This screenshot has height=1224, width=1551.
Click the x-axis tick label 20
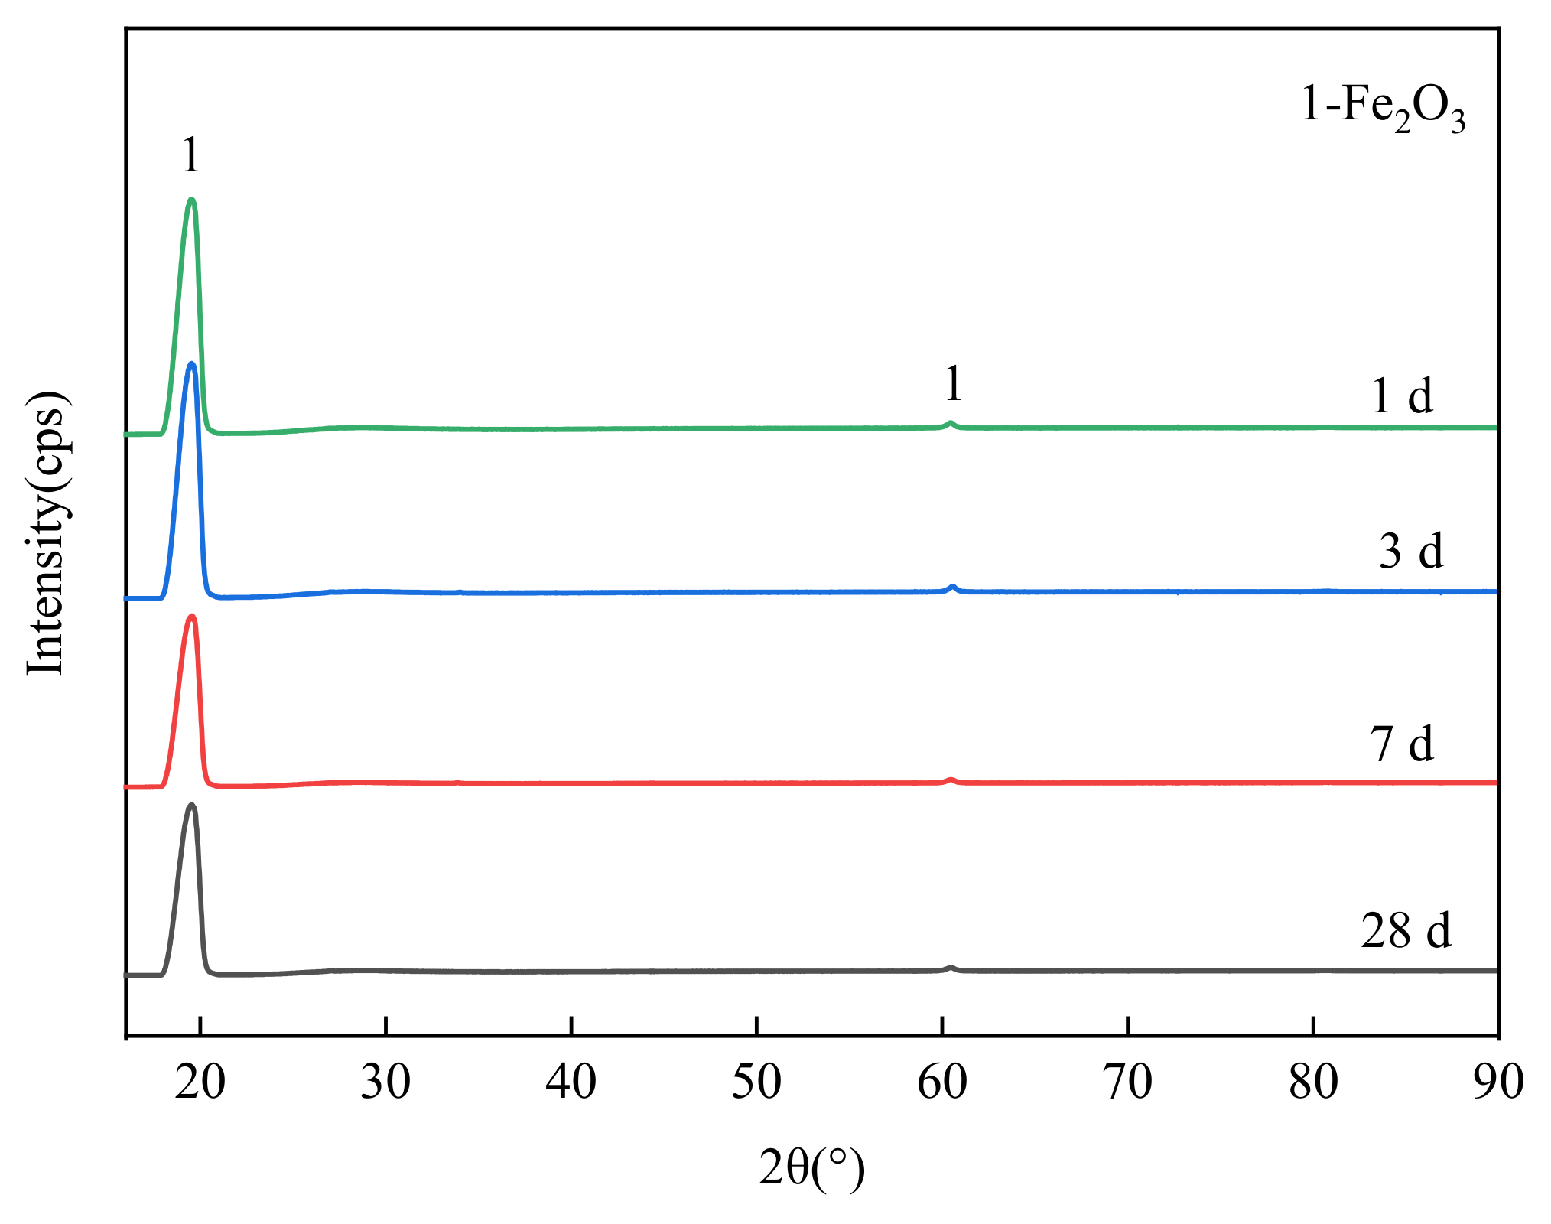200,1082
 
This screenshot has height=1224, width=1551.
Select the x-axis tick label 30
385,1082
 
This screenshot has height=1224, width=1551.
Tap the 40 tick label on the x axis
571,1082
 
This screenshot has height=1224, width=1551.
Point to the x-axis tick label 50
756,1082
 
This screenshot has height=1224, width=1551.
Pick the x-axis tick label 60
942,1082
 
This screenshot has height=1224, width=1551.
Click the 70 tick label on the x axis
1128,1082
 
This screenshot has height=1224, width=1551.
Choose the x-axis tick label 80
1313,1082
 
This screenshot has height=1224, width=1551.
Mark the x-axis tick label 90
1498,1082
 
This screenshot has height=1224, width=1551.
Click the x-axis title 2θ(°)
811,1168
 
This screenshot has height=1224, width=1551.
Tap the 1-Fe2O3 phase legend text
1383,107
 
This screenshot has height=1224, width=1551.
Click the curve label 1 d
1402,396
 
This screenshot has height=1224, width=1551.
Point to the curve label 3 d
1411,551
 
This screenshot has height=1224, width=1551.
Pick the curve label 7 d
1402,744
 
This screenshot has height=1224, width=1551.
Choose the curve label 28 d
1406,931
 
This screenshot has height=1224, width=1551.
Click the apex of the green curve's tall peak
191,200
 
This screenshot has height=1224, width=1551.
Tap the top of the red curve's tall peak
192,616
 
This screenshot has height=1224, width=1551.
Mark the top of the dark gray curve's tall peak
191,805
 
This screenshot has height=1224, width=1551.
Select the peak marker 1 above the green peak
191,155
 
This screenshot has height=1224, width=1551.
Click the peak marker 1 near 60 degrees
953,383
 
